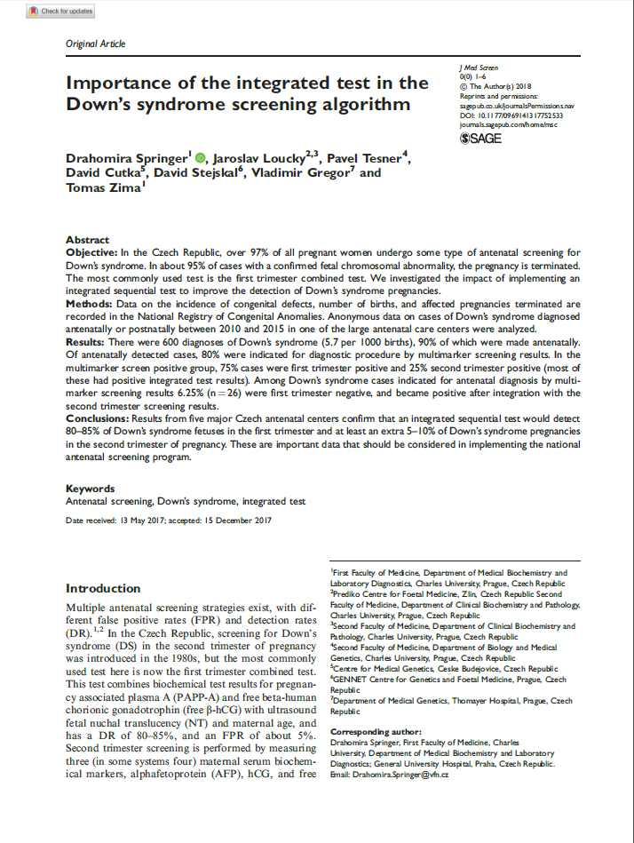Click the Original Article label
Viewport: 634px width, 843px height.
(x=96, y=44)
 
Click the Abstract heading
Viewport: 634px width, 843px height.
(x=88, y=240)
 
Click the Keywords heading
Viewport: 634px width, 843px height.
(x=91, y=488)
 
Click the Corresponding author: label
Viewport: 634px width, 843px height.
(x=372, y=731)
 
